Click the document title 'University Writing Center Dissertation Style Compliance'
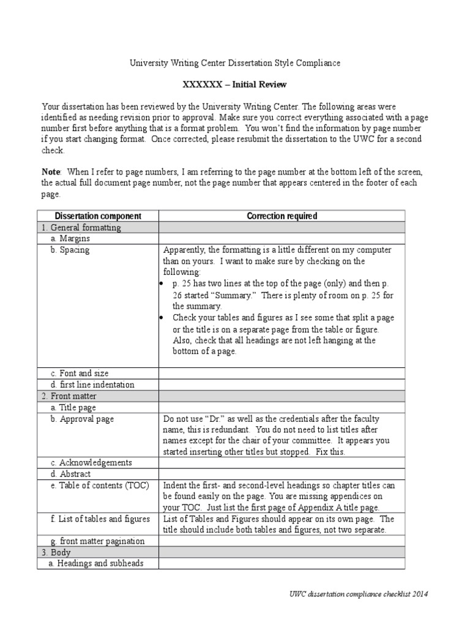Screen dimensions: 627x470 [x=234, y=63]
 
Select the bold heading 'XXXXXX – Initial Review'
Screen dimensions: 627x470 [x=235, y=84]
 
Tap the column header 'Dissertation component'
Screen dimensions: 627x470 [x=99, y=216]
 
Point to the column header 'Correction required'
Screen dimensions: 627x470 [x=282, y=216]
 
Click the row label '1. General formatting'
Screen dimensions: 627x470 [x=81, y=228]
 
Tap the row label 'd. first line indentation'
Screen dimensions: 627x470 [x=92, y=385]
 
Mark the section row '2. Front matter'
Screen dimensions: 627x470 [x=70, y=396]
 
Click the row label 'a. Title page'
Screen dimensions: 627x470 [x=73, y=407]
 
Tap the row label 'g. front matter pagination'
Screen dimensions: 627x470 [x=98, y=541]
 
